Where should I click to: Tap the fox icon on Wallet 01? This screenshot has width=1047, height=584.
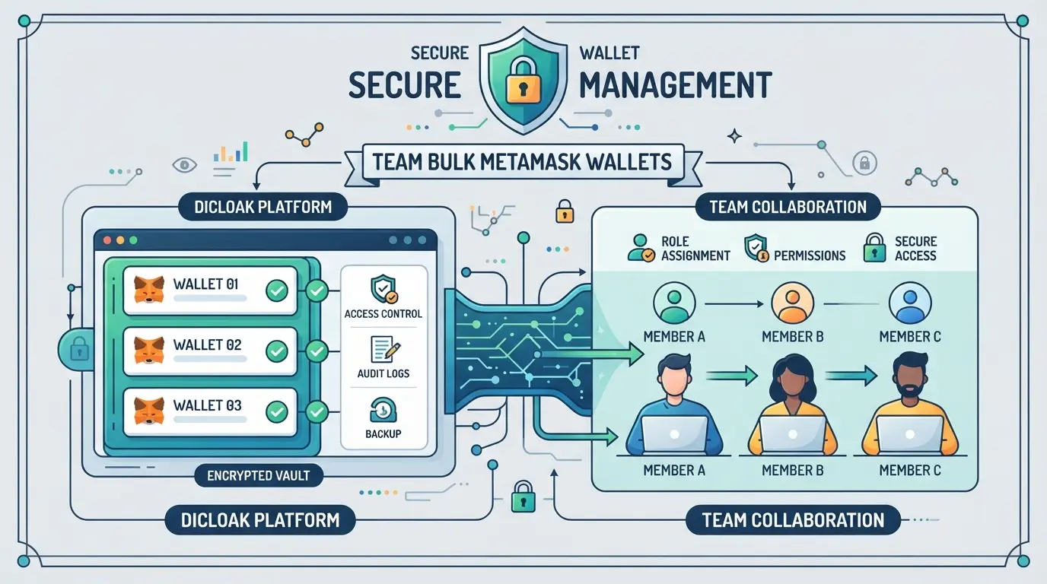click(149, 289)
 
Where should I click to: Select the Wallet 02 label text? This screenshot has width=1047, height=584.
click(207, 344)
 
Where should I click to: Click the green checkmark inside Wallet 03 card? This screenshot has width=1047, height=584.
click(277, 411)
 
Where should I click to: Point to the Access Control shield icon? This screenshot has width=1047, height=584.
click(383, 290)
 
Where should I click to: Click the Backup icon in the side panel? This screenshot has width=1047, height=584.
click(383, 410)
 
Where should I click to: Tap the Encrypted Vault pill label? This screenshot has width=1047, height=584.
click(259, 475)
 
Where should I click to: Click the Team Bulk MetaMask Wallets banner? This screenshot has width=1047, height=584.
click(522, 162)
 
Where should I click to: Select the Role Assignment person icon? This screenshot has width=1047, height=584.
click(641, 248)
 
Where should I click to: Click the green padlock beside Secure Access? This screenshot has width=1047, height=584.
click(874, 248)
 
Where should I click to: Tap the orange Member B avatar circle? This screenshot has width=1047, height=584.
click(792, 303)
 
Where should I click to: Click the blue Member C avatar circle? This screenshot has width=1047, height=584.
click(910, 303)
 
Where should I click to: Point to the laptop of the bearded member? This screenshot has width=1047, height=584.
click(909, 434)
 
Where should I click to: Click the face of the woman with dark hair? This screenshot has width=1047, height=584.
click(793, 380)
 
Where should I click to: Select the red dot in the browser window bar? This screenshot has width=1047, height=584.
click(107, 240)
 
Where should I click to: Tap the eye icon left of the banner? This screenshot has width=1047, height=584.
click(185, 164)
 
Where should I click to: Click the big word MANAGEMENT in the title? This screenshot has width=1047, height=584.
click(676, 85)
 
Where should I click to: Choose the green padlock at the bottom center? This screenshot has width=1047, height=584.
click(523, 497)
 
